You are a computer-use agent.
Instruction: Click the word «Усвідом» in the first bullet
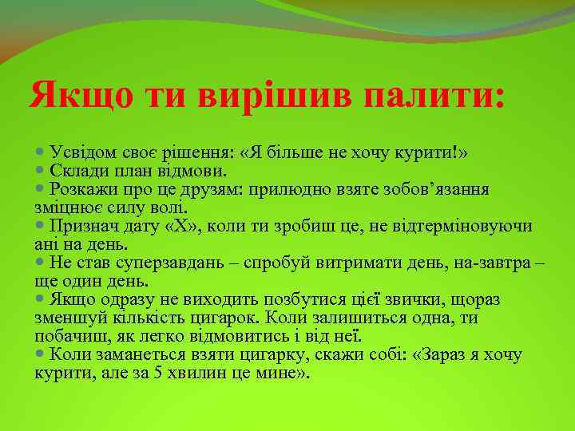pos(85,152)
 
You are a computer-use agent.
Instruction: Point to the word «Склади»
pos(77,170)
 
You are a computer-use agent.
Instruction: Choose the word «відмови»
pos(195,170)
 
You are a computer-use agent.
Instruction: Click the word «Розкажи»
pos(83,188)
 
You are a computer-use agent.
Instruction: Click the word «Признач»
pos(85,226)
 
